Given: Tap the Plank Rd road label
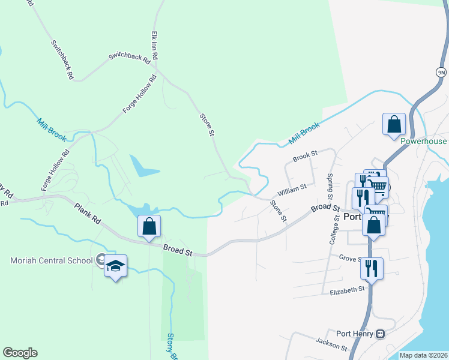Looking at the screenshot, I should pos(88,214).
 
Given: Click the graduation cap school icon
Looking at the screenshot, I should pos(115,266).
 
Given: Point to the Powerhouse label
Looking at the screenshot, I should pos(424,142).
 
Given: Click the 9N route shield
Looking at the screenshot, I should pos(441,71).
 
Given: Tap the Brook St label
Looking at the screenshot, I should pos(305,157).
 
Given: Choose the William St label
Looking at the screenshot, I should pos(291,191).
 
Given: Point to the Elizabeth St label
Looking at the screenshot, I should pos(347,290).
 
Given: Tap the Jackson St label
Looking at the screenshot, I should pos(331,343).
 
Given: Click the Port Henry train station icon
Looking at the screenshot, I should pos(379,334).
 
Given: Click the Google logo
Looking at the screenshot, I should pos(20,353).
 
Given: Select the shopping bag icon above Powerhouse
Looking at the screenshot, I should pos(394,125).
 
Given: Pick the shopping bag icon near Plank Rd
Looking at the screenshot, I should pos(149,227).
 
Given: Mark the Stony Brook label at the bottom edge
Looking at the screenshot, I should pos(172,346).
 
